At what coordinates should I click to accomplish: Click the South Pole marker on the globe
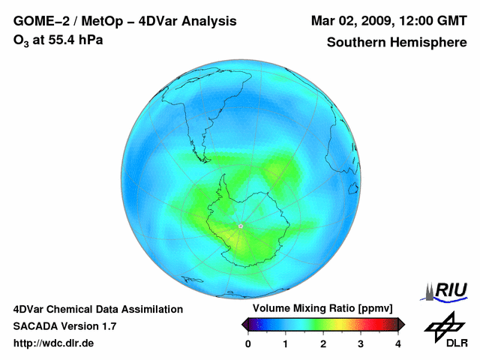[240, 226]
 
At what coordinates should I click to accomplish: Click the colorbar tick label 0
[248, 343]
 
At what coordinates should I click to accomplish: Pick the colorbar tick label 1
[286, 343]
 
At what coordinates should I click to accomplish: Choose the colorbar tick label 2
[323, 343]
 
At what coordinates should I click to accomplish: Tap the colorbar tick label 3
[361, 343]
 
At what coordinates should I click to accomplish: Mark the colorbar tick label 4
[398, 343]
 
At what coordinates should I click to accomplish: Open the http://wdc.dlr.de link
[54, 343]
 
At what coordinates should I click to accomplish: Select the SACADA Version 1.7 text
[64, 326]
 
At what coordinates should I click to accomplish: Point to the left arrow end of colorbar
[245, 324]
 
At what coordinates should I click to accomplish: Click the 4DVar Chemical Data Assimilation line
[97, 309]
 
